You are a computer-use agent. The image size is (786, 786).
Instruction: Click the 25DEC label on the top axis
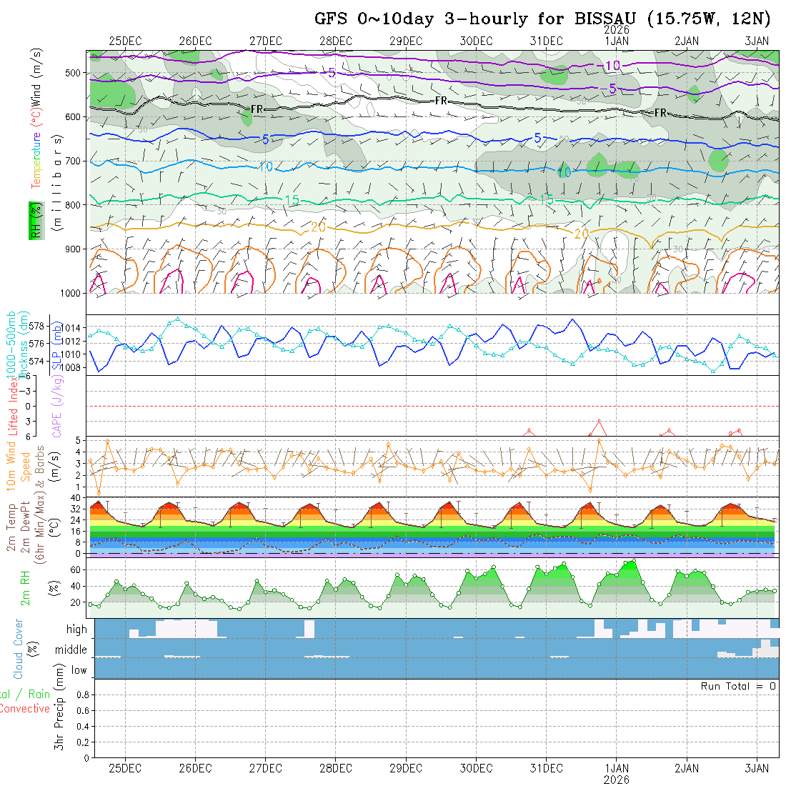125,41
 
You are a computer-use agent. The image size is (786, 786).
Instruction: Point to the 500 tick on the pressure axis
75,73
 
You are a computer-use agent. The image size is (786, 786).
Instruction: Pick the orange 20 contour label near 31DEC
582,234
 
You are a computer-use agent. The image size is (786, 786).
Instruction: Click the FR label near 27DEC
257,109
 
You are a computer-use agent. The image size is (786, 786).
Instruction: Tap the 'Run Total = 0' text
738,686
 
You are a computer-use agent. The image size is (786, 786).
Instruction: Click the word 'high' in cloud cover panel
76,630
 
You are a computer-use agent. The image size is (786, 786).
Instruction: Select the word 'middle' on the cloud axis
71,650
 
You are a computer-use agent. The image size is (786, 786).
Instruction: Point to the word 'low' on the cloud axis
79,670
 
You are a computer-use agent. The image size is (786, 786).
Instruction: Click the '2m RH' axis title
26,587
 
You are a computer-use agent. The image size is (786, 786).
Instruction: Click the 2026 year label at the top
616,30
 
